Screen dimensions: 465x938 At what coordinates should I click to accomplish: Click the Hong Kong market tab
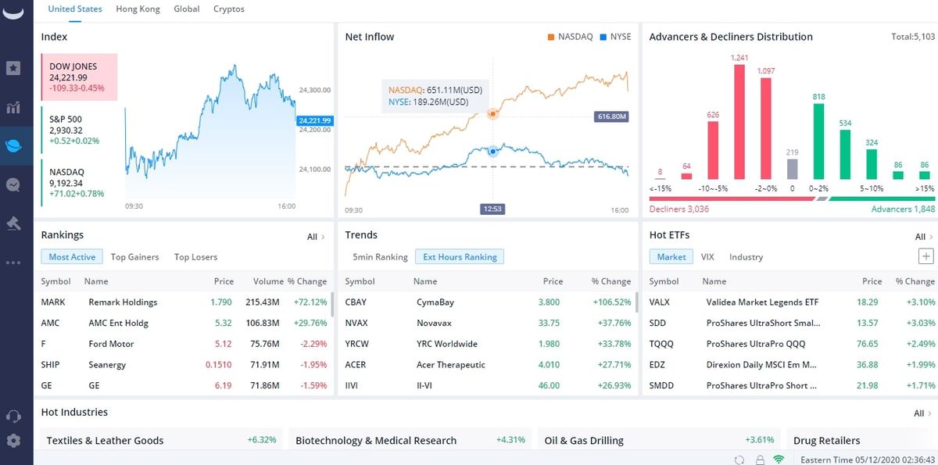click(x=138, y=9)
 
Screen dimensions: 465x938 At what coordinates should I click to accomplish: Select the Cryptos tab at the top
click(x=228, y=9)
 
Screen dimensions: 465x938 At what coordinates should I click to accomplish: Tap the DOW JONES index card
click(x=79, y=77)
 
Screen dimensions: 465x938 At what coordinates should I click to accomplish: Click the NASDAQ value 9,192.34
click(x=66, y=183)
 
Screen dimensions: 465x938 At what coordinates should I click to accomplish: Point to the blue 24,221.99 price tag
click(x=314, y=120)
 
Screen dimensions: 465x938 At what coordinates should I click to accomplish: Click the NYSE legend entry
click(x=615, y=37)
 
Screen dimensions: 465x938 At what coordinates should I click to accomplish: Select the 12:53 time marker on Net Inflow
click(x=492, y=209)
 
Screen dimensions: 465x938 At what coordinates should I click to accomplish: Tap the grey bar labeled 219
click(x=792, y=170)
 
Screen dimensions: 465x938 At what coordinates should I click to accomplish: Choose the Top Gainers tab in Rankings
click(x=134, y=257)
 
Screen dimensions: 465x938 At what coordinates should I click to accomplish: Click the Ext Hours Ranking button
click(x=460, y=257)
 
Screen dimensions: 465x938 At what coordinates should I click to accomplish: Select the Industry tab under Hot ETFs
click(x=746, y=257)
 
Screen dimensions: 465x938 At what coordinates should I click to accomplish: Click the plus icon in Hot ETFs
click(x=925, y=256)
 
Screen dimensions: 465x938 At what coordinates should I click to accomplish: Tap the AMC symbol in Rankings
click(x=50, y=323)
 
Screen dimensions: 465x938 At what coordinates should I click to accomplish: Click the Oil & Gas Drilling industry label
click(x=584, y=441)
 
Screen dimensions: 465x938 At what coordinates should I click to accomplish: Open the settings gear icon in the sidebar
click(x=13, y=441)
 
